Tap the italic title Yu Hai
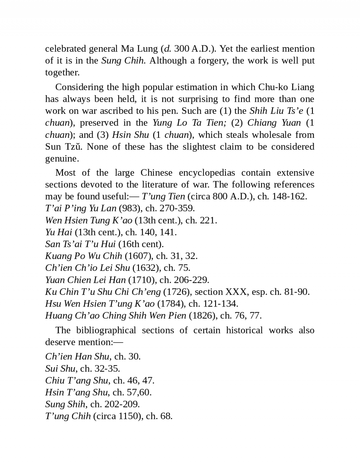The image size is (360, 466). pyautogui.click(x=58, y=232)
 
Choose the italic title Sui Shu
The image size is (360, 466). pyautogui.click(x=60, y=368)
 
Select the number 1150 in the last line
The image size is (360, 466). pyautogui.click(x=129, y=416)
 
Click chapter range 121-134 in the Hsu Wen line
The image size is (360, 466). pyautogui.click(x=220, y=304)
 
